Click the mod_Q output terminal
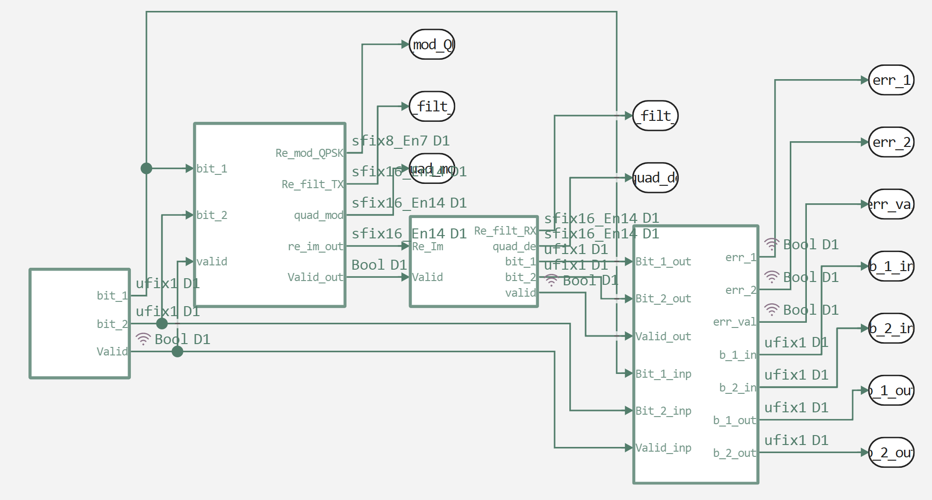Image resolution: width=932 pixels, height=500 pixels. click(432, 45)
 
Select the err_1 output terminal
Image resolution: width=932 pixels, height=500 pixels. click(891, 80)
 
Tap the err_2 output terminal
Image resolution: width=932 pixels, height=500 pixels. click(891, 142)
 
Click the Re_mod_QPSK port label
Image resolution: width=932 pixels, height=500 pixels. click(309, 153)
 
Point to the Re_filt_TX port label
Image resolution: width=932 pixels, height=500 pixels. click(312, 184)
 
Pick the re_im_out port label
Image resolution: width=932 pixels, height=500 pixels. click(315, 246)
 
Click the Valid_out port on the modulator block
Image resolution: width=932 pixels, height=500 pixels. click(315, 277)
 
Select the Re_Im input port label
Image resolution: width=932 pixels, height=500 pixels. click(428, 246)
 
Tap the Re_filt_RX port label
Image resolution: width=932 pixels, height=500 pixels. click(505, 231)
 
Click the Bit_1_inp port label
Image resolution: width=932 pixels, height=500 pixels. click(663, 374)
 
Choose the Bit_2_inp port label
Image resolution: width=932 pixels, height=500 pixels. click(663, 411)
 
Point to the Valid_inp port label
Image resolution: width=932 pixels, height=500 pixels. click(663, 448)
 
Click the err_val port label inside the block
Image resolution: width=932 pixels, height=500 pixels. click(734, 322)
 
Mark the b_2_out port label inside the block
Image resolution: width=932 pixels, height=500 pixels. click(734, 453)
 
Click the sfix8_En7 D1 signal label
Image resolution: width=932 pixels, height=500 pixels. click(401, 141)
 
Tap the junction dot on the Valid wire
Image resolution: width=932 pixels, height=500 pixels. click(177, 352)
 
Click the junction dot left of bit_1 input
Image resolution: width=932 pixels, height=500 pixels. click(146, 168)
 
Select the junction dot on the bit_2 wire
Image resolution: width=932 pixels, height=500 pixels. click(162, 324)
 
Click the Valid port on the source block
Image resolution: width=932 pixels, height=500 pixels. click(112, 352)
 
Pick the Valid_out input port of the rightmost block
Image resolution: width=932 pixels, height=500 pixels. click(663, 336)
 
